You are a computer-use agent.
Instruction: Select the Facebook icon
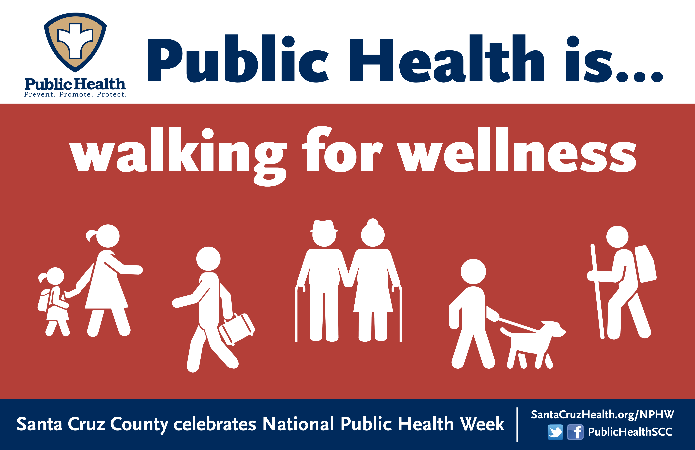point(575,432)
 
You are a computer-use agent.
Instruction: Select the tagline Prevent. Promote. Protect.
point(75,94)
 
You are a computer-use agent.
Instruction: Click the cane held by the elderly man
point(298,313)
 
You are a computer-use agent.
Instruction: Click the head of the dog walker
point(473,271)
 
